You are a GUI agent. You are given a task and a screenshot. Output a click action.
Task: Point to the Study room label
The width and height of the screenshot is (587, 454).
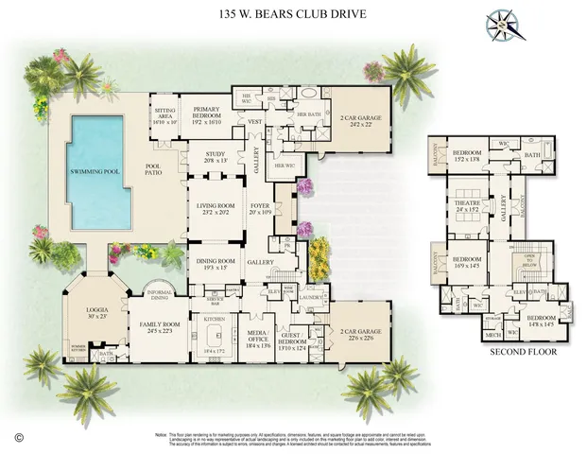pos(210,159)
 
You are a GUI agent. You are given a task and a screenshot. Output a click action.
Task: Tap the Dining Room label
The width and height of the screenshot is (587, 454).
pos(215,263)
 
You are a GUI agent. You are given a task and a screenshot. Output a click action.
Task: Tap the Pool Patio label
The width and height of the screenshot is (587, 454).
pos(154,172)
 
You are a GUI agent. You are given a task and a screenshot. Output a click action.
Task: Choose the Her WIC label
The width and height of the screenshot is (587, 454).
pos(285,166)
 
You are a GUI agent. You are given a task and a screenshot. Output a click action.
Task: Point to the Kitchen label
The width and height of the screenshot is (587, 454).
pos(215,320)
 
